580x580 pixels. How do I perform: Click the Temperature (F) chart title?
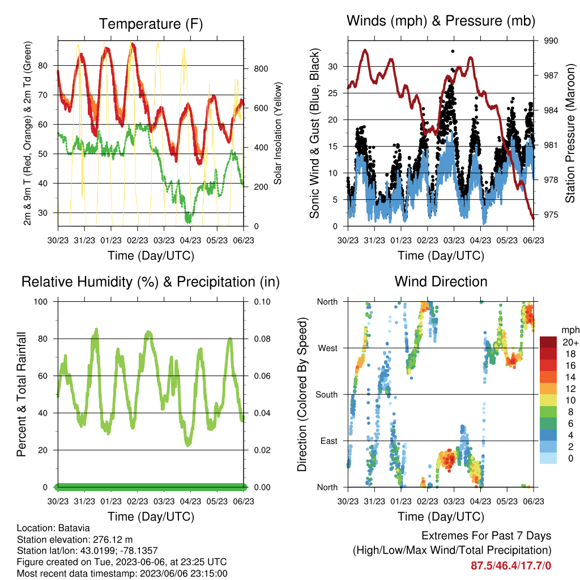coord(151,24)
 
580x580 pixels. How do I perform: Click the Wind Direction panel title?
coord(441,282)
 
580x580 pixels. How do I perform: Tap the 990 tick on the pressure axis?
coord(551,41)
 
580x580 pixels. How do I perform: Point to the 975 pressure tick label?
coord(551,215)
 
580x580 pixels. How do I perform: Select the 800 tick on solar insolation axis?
coord(261,69)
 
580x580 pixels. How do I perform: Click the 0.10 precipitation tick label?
coord(262,302)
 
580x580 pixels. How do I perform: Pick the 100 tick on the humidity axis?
coord(41,302)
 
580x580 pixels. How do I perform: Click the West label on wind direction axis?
coord(328,348)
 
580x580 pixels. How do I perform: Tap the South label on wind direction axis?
coord(327,395)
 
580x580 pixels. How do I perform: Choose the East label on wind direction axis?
coord(329,441)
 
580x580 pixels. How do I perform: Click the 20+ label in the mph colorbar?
coord(570,343)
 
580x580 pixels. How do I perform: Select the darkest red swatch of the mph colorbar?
coord(548,342)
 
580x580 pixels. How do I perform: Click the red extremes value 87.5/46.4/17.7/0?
coord(511,566)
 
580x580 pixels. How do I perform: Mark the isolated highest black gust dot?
coord(453,52)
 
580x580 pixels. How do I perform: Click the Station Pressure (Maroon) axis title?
coord(570,133)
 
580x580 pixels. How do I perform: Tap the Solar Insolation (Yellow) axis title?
coord(278,133)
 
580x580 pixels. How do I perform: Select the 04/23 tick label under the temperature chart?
coord(190,241)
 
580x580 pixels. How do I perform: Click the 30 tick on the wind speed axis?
coord(333,67)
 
